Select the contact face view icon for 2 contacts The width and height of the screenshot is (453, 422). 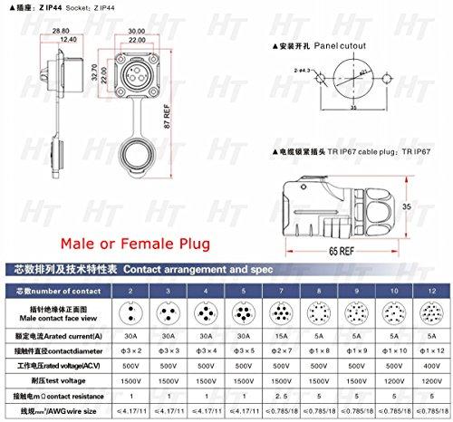tap(131, 312)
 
